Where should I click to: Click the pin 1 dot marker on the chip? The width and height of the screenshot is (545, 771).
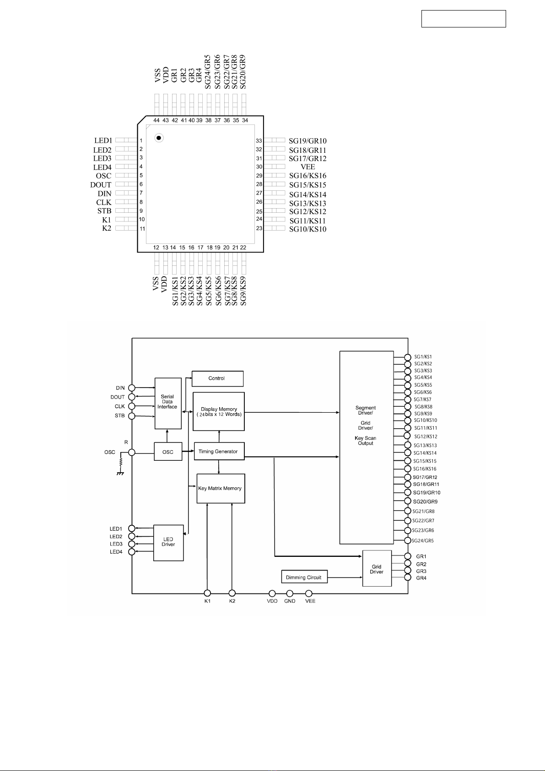click(159, 138)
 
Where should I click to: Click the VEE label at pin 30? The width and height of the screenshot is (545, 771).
click(308, 167)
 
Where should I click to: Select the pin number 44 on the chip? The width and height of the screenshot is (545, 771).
click(156, 120)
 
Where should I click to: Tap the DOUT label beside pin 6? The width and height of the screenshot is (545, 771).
click(101, 185)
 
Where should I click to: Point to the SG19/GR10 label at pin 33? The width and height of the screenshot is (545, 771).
click(308, 141)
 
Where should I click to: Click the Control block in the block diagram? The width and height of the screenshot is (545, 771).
click(217, 378)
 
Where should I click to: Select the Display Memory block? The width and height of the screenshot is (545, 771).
click(219, 411)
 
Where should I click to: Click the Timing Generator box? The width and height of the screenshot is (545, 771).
click(219, 451)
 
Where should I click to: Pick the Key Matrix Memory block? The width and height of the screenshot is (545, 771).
click(221, 488)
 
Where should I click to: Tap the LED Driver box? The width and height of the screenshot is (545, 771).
click(168, 543)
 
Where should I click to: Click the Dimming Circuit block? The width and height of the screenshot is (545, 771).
click(304, 577)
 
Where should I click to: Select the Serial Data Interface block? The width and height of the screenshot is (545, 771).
click(168, 404)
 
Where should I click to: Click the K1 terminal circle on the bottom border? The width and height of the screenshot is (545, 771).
click(207, 593)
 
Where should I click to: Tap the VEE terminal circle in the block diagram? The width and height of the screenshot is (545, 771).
click(309, 593)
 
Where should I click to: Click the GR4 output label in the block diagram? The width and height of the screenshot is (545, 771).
click(421, 578)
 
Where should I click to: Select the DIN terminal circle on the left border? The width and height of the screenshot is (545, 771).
click(131, 388)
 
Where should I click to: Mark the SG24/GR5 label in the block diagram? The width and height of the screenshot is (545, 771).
click(423, 541)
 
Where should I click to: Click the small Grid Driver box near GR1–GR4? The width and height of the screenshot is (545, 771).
click(377, 568)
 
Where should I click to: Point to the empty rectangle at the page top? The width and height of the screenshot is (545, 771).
click(464, 19)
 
